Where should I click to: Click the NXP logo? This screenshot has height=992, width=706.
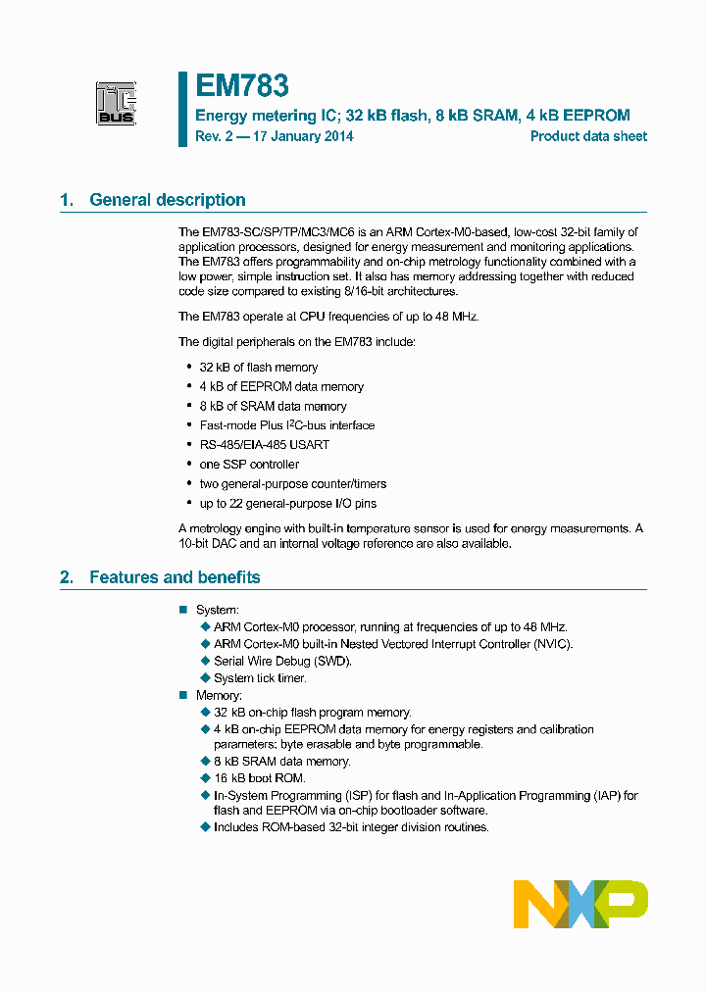click(580, 904)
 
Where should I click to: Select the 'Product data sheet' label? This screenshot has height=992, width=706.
click(588, 136)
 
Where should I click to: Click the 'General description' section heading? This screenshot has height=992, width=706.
click(167, 200)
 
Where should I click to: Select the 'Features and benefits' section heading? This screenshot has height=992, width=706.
click(175, 577)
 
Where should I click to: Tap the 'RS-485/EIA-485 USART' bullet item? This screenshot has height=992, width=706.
click(265, 445)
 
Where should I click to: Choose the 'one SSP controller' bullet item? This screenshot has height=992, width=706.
click(249, 465)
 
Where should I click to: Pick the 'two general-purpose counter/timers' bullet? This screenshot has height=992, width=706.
click(292, 484)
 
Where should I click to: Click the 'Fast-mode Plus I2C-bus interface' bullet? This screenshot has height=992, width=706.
click(286, 425)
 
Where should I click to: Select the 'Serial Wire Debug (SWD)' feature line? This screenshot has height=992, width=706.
click(282, 661)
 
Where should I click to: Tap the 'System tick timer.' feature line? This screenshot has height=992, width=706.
click(260, 678)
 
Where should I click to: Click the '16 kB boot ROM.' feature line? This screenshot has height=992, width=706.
click(260, 778)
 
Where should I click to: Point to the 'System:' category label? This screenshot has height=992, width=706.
click(217, 610)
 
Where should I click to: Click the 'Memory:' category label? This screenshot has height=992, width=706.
click(219, 695)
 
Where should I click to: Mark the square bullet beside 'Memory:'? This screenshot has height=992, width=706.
click(182, 695)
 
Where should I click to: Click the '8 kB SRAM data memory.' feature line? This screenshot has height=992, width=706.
click(281, 762)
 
